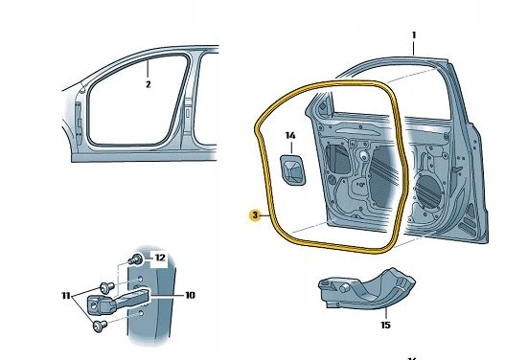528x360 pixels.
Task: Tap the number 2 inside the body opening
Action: coord(149,84)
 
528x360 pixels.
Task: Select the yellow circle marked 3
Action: coord(254,215)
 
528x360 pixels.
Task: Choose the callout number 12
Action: coord(160,259)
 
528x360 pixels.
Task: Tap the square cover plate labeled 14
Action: coord(291,170)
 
